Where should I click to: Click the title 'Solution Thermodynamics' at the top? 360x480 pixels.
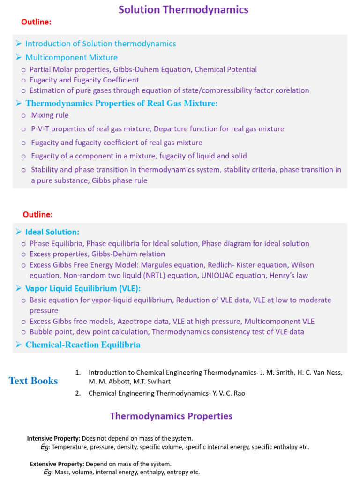click(183, 9)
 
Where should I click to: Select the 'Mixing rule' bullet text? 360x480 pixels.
click(50, 115)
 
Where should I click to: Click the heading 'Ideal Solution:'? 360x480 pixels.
click(52, 232)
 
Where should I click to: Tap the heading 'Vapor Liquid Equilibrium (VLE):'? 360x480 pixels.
click(83, 288)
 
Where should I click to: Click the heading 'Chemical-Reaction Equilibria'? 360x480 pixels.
click(83, 345)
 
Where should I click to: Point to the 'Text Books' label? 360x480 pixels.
click(33, 381)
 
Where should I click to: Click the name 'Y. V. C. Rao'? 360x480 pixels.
click(229, 393)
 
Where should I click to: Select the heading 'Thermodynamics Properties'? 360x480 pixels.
click(171, 416)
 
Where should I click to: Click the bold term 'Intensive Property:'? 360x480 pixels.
click(54, 438)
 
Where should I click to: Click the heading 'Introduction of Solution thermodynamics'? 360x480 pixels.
click(101, 44)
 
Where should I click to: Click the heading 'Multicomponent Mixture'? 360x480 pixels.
click(71, 58)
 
